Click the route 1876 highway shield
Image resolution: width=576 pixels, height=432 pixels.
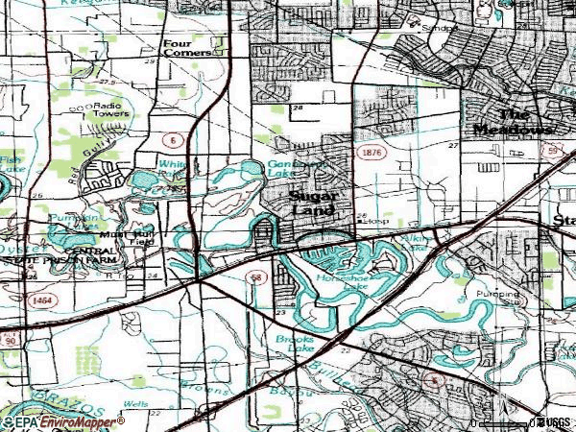[x=370, y=152]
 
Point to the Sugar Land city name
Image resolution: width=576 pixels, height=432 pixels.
[x=312, y=202]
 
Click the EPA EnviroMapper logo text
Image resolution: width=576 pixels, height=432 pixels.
[x=64, y=420]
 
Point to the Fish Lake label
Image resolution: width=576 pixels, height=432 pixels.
[x=10, y=164]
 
